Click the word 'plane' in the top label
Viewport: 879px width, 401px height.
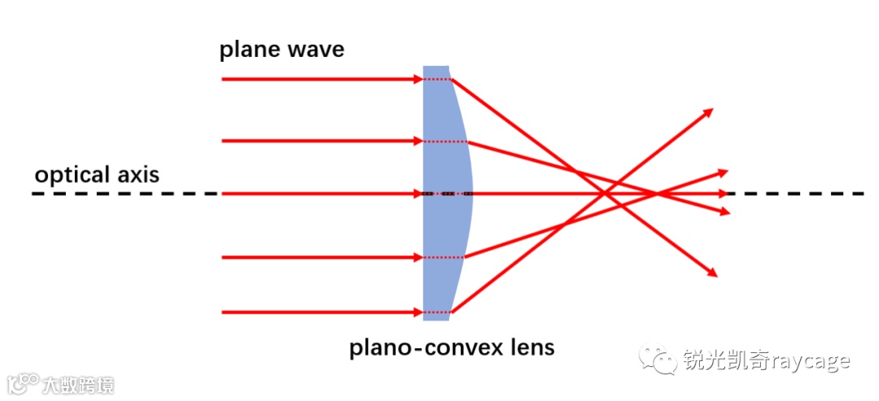point(249,50)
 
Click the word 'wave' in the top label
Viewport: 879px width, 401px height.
point(316,50)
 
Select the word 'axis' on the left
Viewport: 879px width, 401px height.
point(138,175)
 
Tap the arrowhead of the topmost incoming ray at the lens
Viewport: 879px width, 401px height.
point(417,80)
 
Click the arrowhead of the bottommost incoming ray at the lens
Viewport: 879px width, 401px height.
point(417,312)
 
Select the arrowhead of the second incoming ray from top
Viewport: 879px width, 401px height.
point(417,142)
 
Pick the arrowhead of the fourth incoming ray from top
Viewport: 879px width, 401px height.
point(417,258)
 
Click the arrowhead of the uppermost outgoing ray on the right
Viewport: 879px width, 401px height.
point(708,111)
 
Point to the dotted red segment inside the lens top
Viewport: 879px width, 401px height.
point(437,80)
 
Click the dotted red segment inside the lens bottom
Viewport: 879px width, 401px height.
point(437,312)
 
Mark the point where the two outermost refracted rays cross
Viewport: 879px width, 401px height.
point(606,194)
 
